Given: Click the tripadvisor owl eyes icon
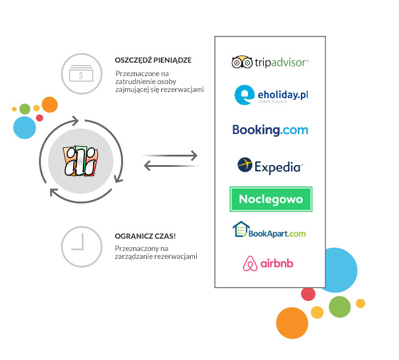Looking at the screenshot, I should pyautogui.click(x=242, y=62).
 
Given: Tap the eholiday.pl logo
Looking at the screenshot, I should pyautogui.click(x=270, y=96).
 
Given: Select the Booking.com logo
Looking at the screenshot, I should pyautogui.click(x=270, y=130).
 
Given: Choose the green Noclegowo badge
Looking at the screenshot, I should pyautogui.click(x=270, y=199).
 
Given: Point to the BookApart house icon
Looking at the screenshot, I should pyautogui.click(x=242, y=230).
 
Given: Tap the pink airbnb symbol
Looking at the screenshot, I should pyautogui.click(x=249, y=264).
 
